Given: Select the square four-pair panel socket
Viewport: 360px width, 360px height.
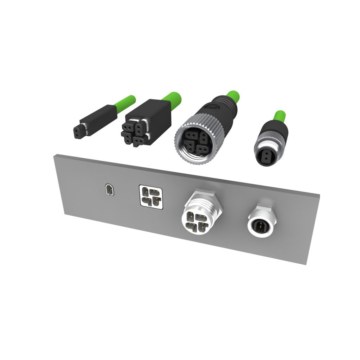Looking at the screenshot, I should [x=151, y=197].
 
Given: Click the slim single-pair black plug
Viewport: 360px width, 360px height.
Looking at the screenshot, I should [x=95, y=121].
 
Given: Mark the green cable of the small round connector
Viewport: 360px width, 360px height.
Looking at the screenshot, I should [x=280, y=116].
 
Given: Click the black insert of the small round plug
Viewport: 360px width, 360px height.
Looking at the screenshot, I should [x=265, y=156].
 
